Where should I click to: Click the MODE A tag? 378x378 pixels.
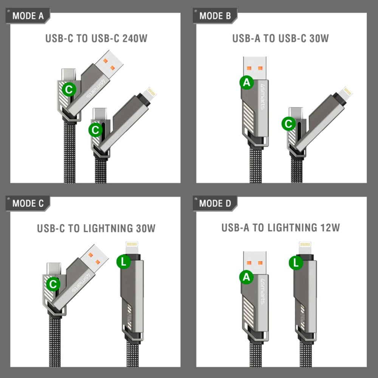(28, 16)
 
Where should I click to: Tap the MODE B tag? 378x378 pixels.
(215, 16)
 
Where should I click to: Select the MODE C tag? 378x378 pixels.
(28, 203)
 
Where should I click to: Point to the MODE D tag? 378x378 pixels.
(215, 203)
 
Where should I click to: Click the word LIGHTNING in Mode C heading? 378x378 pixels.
(108, 228)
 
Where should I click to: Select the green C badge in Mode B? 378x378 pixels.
(289, 124)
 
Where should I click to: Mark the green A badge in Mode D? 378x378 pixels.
(246, 277)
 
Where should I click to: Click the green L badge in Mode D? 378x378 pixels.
(296, 263)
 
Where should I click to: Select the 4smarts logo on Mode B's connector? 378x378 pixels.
(262, 97)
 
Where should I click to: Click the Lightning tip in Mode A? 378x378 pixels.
(152, 92)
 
